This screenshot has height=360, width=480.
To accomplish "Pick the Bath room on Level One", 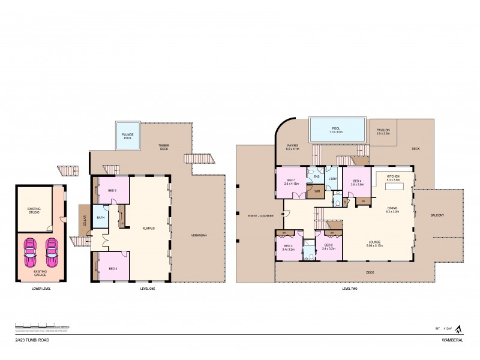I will click(101, 218).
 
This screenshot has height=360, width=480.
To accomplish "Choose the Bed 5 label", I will click(112, 190).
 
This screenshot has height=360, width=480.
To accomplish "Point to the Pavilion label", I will click(383, 131).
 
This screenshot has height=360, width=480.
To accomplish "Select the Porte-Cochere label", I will click(260, 216).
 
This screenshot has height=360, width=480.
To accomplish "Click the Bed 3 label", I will click(288, 247).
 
